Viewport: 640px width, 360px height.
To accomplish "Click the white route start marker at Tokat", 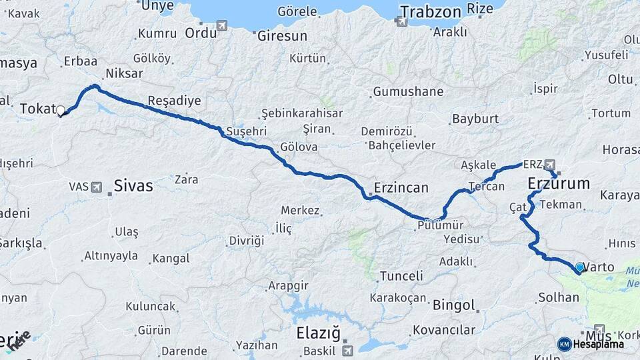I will point(61,111).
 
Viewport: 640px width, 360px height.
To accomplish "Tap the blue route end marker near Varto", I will point(579,268).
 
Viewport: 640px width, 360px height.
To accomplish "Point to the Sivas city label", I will point(133,185).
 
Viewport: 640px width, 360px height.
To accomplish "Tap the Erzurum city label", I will point(559,183).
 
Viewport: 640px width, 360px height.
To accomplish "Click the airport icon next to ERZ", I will point(550,164).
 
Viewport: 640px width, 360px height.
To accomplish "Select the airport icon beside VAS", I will point(97,187).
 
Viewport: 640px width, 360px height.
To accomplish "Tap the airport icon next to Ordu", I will point(221,25).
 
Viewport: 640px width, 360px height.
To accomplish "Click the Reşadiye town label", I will point(173,101).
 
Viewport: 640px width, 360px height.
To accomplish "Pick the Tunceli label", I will point(401,275).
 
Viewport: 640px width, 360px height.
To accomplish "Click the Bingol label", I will point(454,306).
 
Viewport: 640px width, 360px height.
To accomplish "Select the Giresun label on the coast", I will point(282,35).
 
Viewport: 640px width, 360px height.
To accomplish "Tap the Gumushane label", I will point(409,91).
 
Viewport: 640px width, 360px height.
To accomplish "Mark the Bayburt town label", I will point(475,119).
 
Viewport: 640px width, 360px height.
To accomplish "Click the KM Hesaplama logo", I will point(591,344).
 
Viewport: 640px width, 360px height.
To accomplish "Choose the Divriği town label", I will point(247,240).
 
